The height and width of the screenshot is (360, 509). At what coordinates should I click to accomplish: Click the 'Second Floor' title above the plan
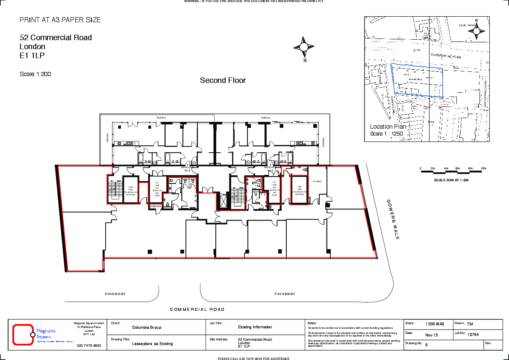(223, 80)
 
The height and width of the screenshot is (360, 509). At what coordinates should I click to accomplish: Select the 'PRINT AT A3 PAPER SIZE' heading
(60, 20)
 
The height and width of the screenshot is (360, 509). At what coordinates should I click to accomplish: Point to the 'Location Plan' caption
(388, 127)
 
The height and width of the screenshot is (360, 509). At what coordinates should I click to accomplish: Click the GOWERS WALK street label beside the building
(393, 219)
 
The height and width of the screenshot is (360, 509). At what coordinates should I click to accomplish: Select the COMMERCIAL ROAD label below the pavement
(197, 310)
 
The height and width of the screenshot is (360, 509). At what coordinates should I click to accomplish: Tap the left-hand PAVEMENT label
(115, 294)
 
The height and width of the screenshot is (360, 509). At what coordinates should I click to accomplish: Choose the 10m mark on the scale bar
(483, 168)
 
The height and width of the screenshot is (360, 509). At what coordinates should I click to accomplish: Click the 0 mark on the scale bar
(421, 168)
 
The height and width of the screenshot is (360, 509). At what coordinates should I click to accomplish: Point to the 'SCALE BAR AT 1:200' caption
(451, 180)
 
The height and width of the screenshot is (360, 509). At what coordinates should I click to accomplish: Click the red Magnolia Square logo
(23, 334)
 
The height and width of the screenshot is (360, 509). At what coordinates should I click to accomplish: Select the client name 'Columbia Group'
(147, 328)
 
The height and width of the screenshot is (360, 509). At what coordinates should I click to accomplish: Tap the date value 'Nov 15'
(432, 335)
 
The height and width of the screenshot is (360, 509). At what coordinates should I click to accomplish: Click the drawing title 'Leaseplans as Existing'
(152, 344)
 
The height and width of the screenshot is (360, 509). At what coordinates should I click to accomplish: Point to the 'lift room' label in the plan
(317, 181)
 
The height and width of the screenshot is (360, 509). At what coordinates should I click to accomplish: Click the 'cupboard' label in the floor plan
(155, 206)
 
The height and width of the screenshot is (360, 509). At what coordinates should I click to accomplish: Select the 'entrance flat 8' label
(187, 168)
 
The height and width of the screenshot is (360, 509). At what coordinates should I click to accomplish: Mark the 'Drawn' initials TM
(470, 324)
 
